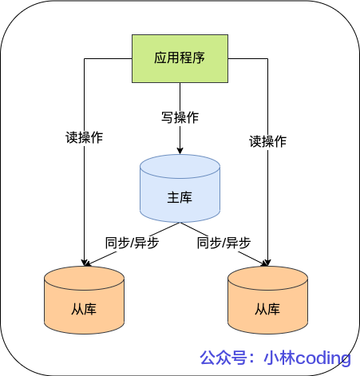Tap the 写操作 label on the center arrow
click(x=180, y=117)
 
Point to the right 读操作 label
click(x=267, y=141)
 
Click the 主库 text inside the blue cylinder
click(x=180, y=197)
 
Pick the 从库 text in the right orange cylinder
click(x=267, y=309)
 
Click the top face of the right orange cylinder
click(x=267, y=279)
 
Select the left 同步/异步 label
click(x=132, y=242)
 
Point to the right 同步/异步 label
click(x=224, y=242)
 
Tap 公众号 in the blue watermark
click(x=221, y=358)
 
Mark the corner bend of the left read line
click(x=84, y=57)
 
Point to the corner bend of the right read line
click(x=267, y=57)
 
